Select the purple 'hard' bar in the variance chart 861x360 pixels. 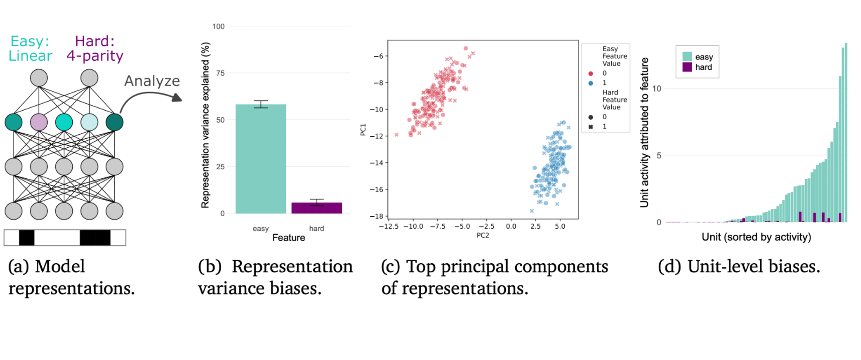tap(316, 208)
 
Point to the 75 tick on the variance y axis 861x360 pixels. tap(220, 73)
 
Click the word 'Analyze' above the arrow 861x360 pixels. tap(152, 81)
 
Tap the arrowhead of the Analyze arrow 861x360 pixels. tap(177, 98)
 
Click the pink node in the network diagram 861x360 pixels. tap(39, 122)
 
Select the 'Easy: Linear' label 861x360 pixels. tap(30, 48)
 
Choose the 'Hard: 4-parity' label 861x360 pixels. tap(95, 48)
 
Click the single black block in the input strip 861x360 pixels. tap(27, 238)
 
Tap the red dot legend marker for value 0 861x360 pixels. tap(591, 74)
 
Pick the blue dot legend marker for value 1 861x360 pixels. tap(591, 83)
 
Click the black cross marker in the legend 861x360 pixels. tap(591, 127)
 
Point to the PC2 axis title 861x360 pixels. tap(483, 235)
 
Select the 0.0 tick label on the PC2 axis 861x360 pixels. tap(511, 226)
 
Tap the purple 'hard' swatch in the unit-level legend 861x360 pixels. tap(687, 67)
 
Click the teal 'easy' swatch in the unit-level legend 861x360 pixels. tap(687, 56)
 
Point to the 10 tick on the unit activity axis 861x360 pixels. tap(657, 89)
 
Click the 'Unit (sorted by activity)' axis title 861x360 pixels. tap(756, 237)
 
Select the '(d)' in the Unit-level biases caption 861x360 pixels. tap(669, 267)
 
